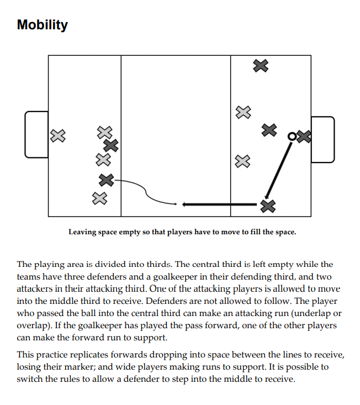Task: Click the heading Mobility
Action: tap(43, 25)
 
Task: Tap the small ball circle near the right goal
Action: tap(291, 136)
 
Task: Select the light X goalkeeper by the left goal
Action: tap(57, 135)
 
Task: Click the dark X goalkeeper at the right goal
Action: tap(304, 136)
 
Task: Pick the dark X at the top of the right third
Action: tap(261, 66)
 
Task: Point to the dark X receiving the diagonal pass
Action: tap(268, 206)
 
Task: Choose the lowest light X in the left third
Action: tap(99, 198)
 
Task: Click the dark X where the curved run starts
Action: tap(106, 180)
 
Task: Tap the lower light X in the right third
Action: tap(242, 161)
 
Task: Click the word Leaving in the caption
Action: tap(82, 232)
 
